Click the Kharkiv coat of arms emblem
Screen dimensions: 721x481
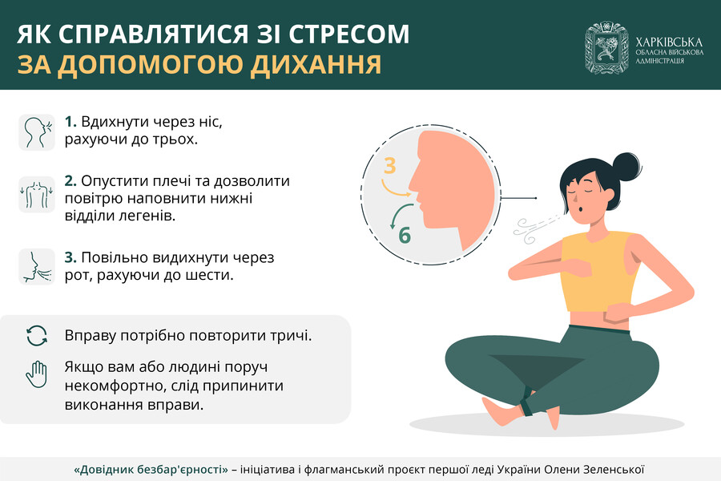click(606, 47)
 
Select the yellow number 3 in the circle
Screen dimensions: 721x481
click(389, 166)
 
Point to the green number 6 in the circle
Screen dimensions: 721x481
click(405, 235)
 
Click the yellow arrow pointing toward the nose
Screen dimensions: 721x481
click(393, 190)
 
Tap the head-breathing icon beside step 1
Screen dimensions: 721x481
click(37, 132)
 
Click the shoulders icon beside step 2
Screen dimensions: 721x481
click(37, 194)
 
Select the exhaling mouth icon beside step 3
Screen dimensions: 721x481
click(37, 267)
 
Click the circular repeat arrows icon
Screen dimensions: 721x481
click(37, 336)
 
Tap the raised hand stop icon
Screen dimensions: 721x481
click(37, 374)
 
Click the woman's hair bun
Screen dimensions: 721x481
click(626, 165)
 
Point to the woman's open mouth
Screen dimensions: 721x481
click(582, 209)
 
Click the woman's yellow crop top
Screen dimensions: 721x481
click(598, 272)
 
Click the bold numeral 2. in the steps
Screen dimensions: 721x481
click(70, 181)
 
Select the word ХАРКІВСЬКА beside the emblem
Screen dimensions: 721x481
click(669, 42)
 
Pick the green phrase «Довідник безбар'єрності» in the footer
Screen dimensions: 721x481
click(151, 470)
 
